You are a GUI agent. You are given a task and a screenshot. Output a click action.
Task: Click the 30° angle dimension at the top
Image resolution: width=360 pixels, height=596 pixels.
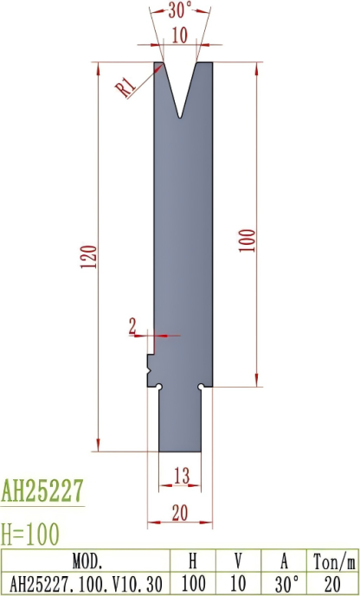pos(180,11)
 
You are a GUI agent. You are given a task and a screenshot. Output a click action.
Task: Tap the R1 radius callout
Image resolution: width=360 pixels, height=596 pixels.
pos(125,85)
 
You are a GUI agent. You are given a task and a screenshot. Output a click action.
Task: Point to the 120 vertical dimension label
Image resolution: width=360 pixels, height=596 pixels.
pos(87,257)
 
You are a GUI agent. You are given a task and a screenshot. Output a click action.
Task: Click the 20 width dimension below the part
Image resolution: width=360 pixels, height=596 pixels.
pos(179,513)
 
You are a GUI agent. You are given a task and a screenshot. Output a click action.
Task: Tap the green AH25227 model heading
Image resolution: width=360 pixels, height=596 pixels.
pos(42,491)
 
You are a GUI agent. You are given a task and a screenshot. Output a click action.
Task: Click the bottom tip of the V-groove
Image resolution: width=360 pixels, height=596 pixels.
pos(180,116)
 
